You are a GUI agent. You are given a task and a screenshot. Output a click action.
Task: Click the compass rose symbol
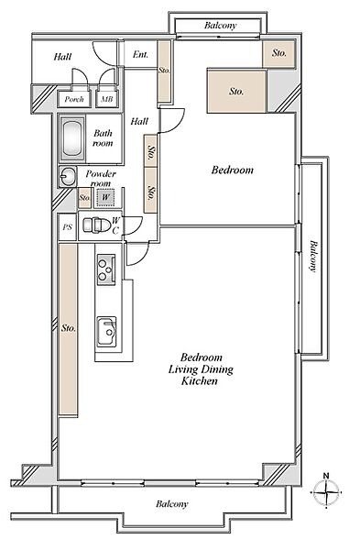click(326, 491)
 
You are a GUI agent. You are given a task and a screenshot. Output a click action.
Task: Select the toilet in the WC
click(92, 225)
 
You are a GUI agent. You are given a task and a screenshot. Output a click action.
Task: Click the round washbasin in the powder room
click(67, 176)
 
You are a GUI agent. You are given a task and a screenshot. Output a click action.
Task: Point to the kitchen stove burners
click(106, 269)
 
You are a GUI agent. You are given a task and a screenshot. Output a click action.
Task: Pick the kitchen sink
click(106, 332)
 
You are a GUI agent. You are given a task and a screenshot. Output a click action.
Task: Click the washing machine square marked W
click(106, 197)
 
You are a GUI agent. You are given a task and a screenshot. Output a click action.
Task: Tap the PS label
click(67, 227)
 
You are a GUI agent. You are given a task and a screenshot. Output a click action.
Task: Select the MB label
click(107, 99)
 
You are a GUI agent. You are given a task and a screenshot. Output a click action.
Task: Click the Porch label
click(74, 99)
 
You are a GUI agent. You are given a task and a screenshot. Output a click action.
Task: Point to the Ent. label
click(140, 54)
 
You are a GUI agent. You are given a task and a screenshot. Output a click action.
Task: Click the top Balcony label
click(221, 26)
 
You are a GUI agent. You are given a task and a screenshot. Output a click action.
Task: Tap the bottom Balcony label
click(172, 504)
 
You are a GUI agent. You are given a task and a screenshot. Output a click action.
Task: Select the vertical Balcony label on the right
click(313, 257)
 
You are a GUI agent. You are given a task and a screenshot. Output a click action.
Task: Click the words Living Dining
click(201, 369)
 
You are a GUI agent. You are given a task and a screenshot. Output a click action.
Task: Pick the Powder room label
click(101, 179)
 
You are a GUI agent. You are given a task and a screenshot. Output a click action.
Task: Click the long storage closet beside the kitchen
click(68, 330)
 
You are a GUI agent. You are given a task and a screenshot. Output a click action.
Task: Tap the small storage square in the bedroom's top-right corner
click(279, 53)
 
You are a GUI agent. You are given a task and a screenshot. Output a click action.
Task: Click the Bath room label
click(104, 137)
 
